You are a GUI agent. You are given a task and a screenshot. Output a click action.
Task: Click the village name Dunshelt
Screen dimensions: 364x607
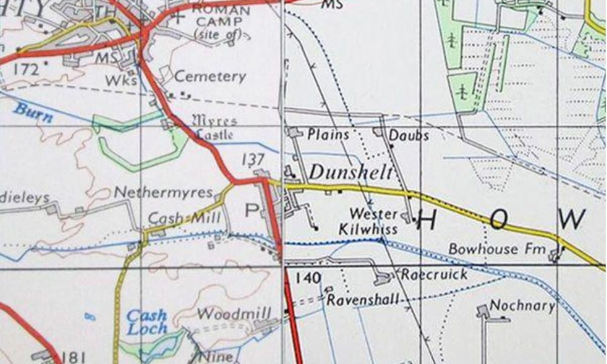pos(350,172)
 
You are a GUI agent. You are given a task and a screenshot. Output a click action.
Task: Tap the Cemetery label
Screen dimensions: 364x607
pos(210,77)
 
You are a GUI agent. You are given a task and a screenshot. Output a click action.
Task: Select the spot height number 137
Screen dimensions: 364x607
pos(253,160)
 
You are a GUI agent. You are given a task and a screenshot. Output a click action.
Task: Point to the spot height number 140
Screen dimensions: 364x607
pos(308,278)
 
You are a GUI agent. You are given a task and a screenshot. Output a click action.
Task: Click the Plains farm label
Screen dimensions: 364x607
pos(328,134)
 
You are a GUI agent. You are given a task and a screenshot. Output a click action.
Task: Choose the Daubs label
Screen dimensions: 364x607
pos(409,135)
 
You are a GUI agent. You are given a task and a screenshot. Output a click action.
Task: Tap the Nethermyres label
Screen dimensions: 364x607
pos(164,193)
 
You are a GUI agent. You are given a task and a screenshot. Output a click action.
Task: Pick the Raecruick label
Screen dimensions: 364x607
pos(434,274)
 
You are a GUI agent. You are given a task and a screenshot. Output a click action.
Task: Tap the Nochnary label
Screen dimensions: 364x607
pos(522,305)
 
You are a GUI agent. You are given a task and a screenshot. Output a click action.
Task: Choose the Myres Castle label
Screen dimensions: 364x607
pos(214,127)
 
